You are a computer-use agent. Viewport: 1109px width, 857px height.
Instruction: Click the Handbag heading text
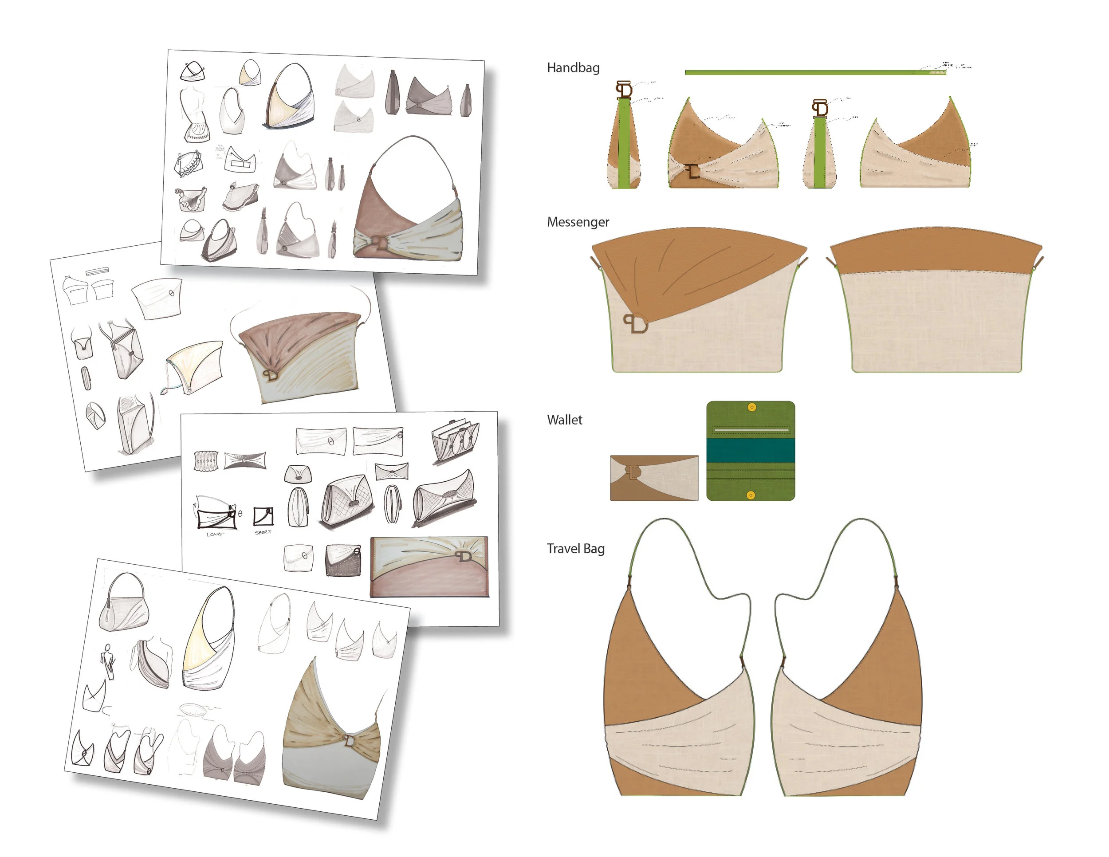click(573, 68)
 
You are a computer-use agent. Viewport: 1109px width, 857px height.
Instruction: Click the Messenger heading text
click(578, 222)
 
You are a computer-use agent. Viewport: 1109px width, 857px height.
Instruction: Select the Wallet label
click(564, 420)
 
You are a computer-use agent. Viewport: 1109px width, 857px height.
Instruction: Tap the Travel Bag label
click(575, 549)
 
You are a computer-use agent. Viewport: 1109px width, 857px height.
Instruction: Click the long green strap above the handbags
click(813, 73)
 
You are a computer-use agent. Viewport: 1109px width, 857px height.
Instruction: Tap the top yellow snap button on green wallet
click(751, 407)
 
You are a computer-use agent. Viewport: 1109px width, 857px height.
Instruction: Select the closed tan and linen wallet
click(653, 478)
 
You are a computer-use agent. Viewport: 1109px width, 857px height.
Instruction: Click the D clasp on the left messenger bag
click(636, 324)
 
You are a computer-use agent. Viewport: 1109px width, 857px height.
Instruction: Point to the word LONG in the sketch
click(214, 534)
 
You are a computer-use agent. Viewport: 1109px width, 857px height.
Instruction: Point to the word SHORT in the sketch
click(263, 532)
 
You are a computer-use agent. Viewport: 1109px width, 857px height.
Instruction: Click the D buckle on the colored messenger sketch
click(271, 375)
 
